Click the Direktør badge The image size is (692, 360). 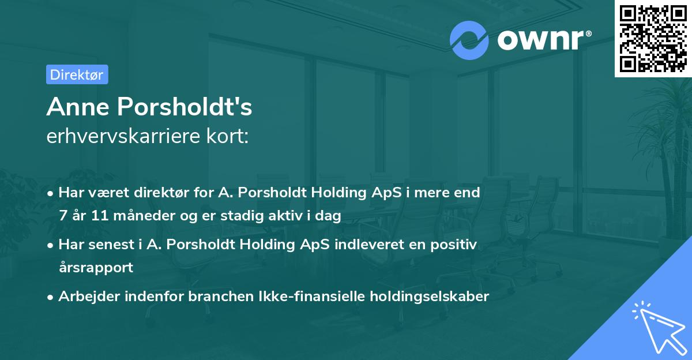pos(77,74)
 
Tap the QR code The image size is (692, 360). pos(653,39)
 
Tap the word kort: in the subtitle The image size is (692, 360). pos(230,136)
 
